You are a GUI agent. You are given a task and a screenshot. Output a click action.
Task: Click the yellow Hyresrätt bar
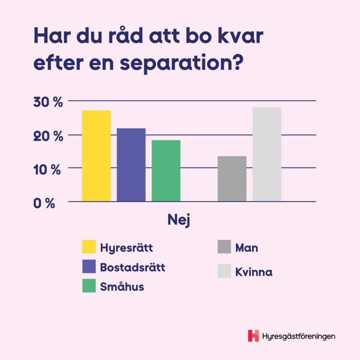pyautogui.click(x=96, y=156)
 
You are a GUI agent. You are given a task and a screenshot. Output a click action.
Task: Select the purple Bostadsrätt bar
pyautogui.click(x=131, y=165)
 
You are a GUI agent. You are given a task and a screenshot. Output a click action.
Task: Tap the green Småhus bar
pyautogui.click(x=166, y=171)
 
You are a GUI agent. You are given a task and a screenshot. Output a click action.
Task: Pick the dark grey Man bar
pyautogui.click(x=232, y=179)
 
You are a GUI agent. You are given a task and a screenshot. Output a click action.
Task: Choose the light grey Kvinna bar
pyautogui.click(x=267, y=154)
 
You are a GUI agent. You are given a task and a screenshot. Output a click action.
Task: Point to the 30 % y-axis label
pyautogui.click(x=47, y=103)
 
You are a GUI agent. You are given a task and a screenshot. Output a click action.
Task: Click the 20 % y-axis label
pyautogui.click(x=47, y=136)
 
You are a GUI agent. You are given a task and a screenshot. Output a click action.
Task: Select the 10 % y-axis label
pyautogui.click(x=47, y=169)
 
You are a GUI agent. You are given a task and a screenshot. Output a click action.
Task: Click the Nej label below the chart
pyautogui.click(x=179, y=220)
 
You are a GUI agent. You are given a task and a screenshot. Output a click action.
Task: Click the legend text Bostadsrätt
pyautogui.click(x=132, y=267)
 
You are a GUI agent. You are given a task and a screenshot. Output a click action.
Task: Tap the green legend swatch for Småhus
pyautogui.click(x=89, y=286)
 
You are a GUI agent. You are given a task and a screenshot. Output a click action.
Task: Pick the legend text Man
pyautogui.click(x=247, y=247)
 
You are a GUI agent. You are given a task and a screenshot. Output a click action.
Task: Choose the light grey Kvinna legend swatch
pyautogui.click(x=224, y=271)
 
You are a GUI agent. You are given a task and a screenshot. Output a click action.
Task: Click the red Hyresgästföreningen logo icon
pyautogui.click(x=253, y=336)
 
